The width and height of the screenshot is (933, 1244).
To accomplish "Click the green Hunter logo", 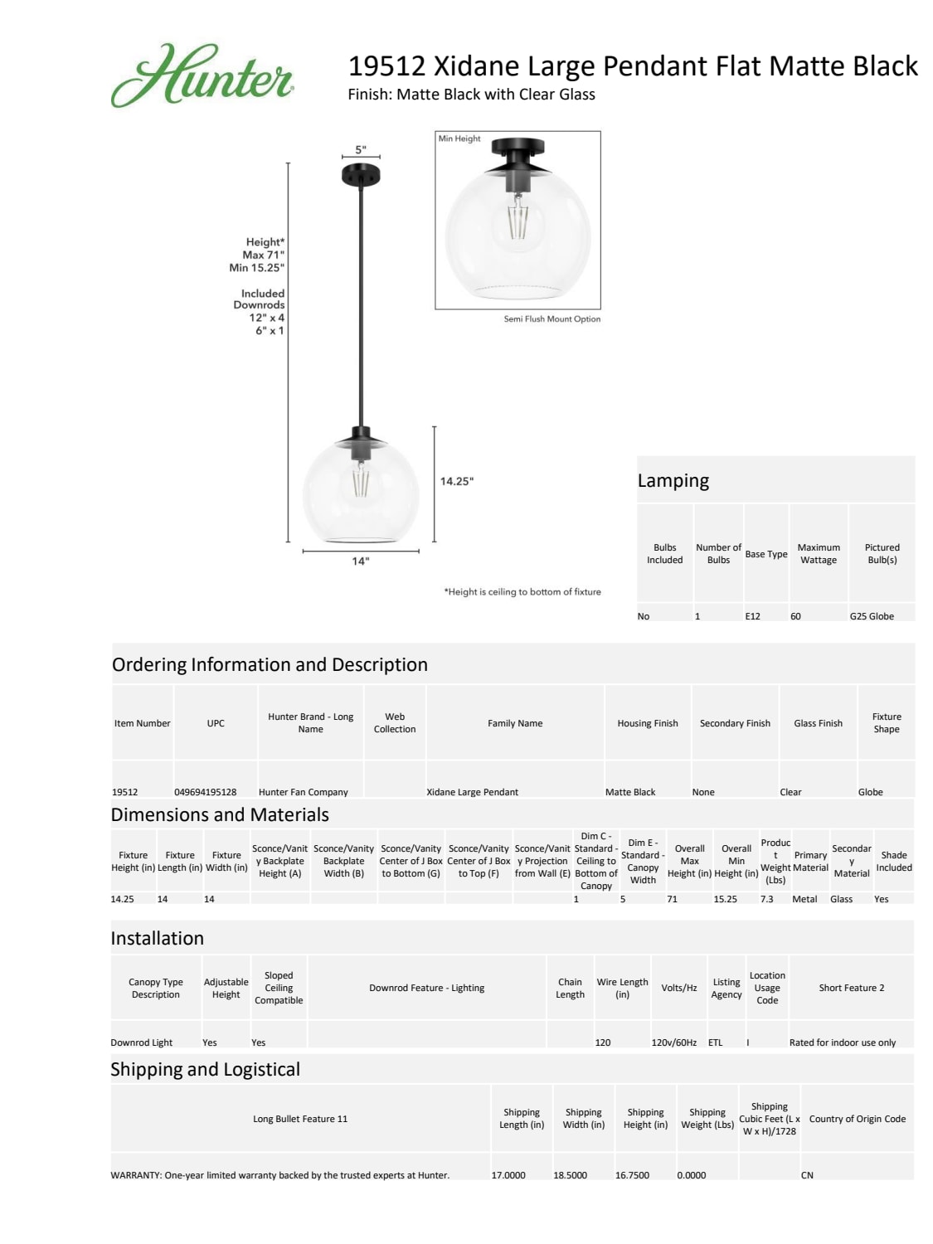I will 202,76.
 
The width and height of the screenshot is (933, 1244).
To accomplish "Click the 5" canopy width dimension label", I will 360,150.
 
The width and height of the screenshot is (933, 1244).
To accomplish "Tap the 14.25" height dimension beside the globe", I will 456,481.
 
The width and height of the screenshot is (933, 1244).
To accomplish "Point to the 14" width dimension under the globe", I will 361,561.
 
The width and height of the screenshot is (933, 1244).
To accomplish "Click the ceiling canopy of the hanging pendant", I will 361,175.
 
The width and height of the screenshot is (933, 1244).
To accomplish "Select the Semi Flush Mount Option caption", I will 552,318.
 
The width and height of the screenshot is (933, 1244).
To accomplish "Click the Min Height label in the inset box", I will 459,138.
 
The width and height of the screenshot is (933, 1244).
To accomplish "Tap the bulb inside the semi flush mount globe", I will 518,217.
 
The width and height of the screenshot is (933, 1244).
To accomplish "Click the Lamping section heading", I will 673,481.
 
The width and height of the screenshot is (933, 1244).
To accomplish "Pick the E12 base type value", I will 752,616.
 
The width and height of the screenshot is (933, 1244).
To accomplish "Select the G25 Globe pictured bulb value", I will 871,616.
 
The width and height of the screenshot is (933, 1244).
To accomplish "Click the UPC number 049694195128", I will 205,792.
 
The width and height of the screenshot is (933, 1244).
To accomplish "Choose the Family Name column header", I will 515,723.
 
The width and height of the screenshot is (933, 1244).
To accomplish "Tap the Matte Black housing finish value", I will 630,792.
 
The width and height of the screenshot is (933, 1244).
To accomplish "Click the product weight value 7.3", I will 766,899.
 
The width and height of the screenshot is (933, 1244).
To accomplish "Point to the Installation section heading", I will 158,938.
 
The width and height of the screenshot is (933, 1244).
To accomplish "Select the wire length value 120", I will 603,1042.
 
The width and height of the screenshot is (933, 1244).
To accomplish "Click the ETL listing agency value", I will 715,1042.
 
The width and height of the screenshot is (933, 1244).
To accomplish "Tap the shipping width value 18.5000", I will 571,1175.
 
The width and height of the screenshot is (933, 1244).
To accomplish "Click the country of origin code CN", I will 807,1175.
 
